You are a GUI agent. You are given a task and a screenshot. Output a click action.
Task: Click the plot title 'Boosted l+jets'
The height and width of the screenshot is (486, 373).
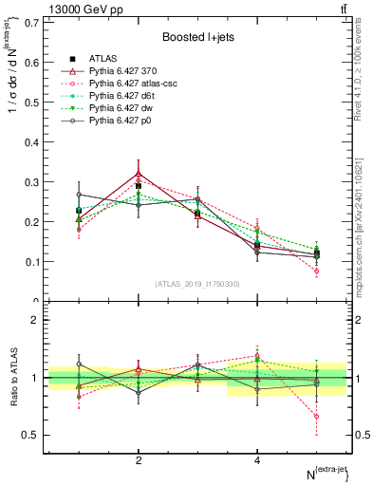[197, 37]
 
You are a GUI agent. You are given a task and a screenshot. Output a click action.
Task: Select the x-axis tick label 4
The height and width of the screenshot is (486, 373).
[257, 459]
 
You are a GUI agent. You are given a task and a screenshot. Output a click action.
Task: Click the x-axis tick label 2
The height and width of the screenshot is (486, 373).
[139, 459]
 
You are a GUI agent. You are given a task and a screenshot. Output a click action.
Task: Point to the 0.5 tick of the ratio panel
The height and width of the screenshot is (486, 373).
[31, 436]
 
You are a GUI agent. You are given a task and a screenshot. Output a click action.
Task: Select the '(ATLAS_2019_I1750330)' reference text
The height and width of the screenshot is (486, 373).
[197, 284]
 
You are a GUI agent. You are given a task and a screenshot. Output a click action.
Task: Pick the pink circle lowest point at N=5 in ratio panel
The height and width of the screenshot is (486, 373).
[316, 417]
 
